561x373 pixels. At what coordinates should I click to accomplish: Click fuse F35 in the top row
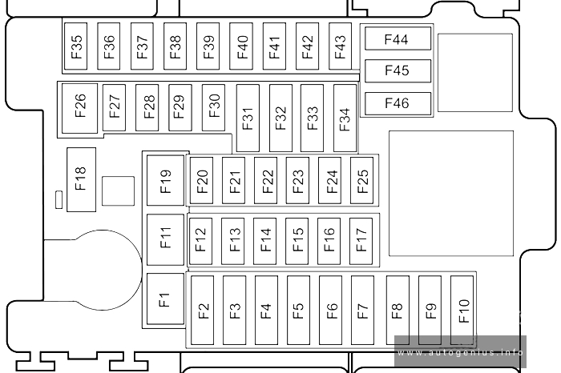pyautogui.click(x=75, y=46)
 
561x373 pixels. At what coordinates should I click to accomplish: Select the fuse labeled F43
pyautogui.click(x=341, y=46)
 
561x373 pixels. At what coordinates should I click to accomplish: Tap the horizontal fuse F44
pyautogui.click(x=398, y=39)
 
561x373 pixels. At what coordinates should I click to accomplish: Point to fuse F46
pyautogui.click(x=398, y=103)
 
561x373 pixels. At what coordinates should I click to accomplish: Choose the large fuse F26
pyautogui.click(x=79, y=108)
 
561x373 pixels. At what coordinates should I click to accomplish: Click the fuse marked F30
pyautogui.click(x=214, y=107)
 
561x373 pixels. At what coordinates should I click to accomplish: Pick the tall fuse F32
pyautogui.click(x=280, y=118)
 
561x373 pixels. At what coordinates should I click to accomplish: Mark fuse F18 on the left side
pyautogui.click(x=81, y=179)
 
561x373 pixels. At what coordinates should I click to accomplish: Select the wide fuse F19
pyautogui.click(x=165, y=180)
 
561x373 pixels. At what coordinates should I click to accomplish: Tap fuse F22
pyautogui.click(x=265, y=180)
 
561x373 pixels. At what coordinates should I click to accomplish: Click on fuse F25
pyautogui.click(x=361, y=180)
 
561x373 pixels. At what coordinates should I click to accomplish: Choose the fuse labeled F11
pyautogui.click(x=165, y=240)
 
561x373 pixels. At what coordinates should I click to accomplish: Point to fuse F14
pyautogui.click(x=264, y=241)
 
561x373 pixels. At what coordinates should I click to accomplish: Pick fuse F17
pyautogui.click(x=361, y=241)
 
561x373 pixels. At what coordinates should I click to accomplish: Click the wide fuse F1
pyautogui.click(x=165, y=299)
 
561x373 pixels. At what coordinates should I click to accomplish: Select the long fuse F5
pyautogui.click(x=298, y=310)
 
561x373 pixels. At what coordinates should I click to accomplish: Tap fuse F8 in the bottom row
pyautogui.click(x=398, y=310)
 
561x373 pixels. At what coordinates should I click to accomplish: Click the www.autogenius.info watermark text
pyautogui.click(x=461, y=353)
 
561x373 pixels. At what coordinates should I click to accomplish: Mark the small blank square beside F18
pyautogui.click(x=118, y=191)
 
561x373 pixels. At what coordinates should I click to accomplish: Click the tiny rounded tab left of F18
pyautogui.click(x=59, y=200)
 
